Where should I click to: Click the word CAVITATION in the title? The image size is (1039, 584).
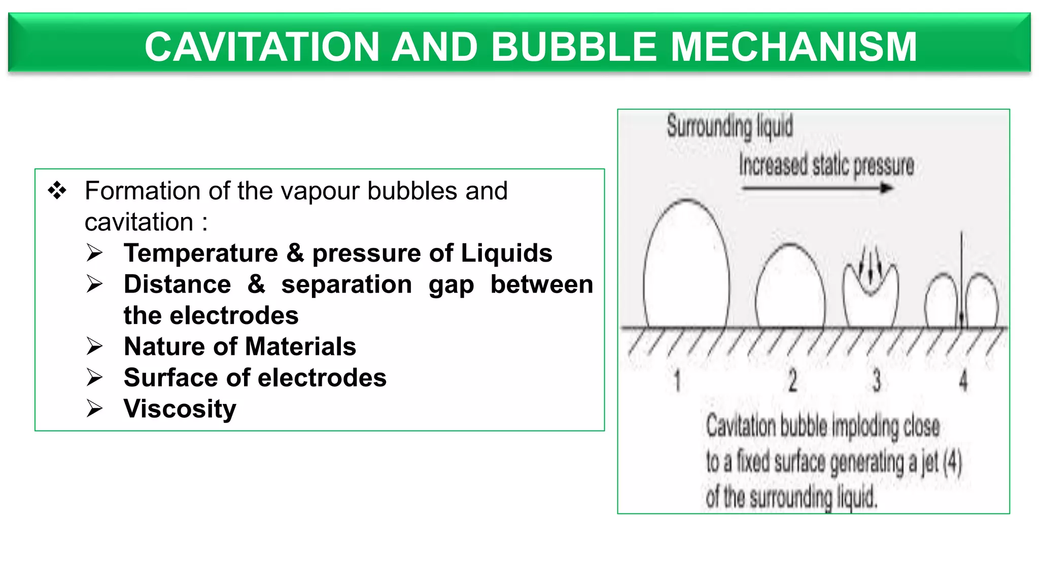262,47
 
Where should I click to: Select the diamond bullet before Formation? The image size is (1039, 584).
57,191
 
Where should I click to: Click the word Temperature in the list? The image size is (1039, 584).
201,253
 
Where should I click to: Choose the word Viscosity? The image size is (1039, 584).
180,409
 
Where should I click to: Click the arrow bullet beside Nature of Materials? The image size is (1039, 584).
94,347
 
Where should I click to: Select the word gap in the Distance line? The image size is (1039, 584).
451,284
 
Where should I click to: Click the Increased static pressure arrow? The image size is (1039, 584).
817,189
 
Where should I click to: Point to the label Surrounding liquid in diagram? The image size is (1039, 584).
730,126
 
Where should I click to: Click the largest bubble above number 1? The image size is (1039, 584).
686,269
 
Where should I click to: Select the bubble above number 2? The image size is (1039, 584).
790,289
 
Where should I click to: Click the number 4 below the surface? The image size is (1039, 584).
963,380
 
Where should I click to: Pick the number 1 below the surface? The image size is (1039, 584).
677,380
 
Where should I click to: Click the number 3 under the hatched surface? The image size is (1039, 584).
876,380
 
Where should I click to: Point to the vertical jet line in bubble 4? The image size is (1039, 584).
961,279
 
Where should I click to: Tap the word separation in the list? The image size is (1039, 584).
347,284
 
